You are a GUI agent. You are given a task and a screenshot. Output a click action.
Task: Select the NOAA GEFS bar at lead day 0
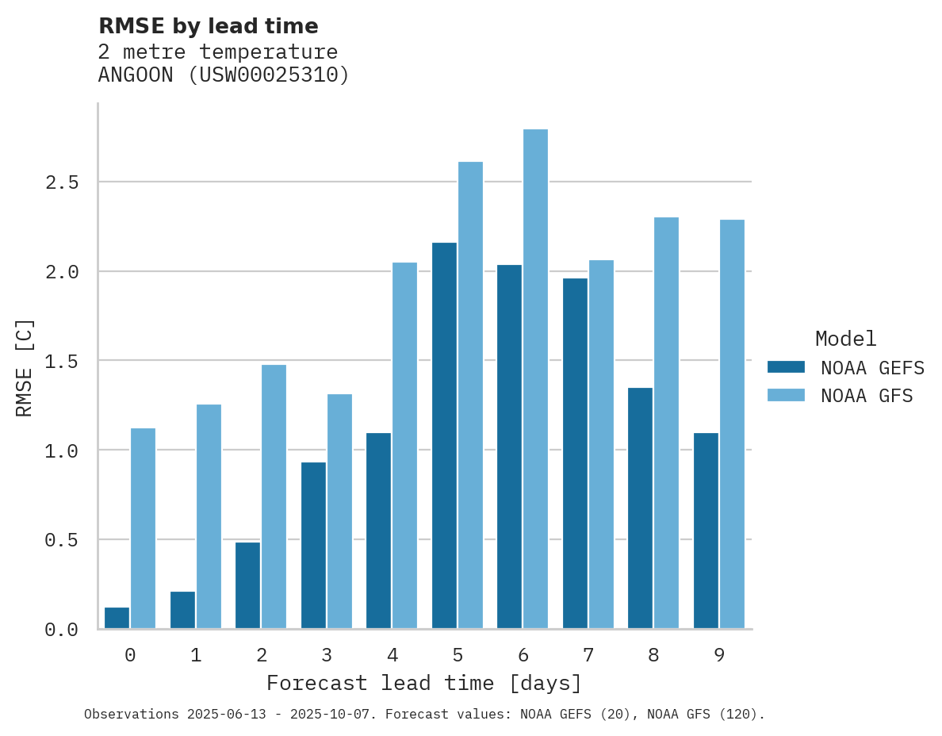point(117,618)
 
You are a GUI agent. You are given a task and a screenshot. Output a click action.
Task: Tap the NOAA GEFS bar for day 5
point(444,435)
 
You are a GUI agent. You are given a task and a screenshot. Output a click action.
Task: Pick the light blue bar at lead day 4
point(404,445)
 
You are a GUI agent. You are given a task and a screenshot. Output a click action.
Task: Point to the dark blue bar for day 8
point(640,508)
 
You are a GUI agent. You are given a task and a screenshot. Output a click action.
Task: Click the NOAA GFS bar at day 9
point(732,424)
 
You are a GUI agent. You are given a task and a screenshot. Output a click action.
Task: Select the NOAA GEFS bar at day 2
point(247,585)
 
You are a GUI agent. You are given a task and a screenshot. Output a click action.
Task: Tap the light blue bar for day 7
point(601,444)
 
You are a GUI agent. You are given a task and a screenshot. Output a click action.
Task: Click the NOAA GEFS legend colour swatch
point(786,367)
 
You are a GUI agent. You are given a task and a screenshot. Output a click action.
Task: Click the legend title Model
point(845,339)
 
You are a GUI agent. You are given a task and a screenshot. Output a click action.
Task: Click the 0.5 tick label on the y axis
point(61,540)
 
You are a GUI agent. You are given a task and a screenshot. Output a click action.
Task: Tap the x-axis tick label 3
point(326,655)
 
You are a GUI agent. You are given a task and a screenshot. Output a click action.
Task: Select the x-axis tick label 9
point(718,655)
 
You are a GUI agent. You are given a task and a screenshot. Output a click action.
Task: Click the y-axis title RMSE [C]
point(25,366)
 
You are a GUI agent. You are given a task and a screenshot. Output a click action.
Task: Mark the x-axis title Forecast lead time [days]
point(424,683)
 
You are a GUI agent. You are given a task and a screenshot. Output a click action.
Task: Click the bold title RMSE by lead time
point(208,26)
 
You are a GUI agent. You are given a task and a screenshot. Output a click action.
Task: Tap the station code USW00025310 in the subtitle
point(266,75)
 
